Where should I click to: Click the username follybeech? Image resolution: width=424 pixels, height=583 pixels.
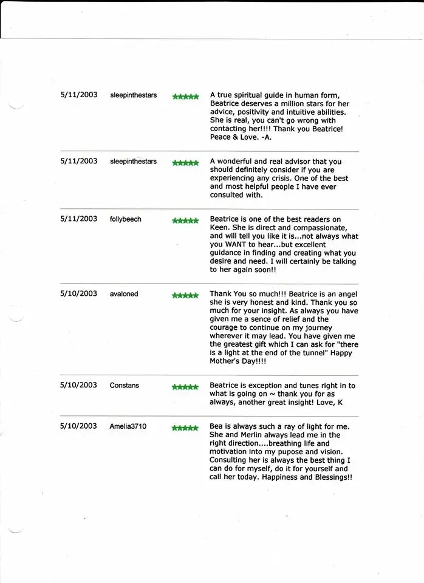pyautogui.click(x=126, y=219)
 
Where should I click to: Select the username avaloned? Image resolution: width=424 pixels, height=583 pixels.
pyautogui.click(x=124, y=294)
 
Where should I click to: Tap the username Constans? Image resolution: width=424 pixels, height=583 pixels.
pyautogui.click(x=124, y=386)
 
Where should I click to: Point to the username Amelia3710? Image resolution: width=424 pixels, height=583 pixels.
pyautogui.click(x=128, y=427)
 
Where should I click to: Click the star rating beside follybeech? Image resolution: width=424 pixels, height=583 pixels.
pyautogui.click(x=185, y=220)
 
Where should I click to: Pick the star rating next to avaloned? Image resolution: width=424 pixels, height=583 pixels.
pyautogui.click(x=185, y=296)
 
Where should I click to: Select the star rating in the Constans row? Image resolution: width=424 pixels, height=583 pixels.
pyautogui.click(x=185, y=387)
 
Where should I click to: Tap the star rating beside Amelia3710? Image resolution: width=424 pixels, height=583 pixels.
pyautogui.click(x=185, y=428)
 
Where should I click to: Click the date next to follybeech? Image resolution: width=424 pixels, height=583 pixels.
pyautogui.click(x=78, y=219)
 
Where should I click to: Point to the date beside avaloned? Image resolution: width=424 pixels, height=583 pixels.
pyautogui.click(x=78, y=293)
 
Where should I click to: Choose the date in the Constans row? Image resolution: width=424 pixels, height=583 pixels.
pyautogui.click(x=78, y=385)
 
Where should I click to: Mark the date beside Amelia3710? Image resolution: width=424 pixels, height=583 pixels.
pyautogui.click(x=78, y=426)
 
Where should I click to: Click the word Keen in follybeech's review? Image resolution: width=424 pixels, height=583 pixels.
pyautogui.click(x=220, y=228)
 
